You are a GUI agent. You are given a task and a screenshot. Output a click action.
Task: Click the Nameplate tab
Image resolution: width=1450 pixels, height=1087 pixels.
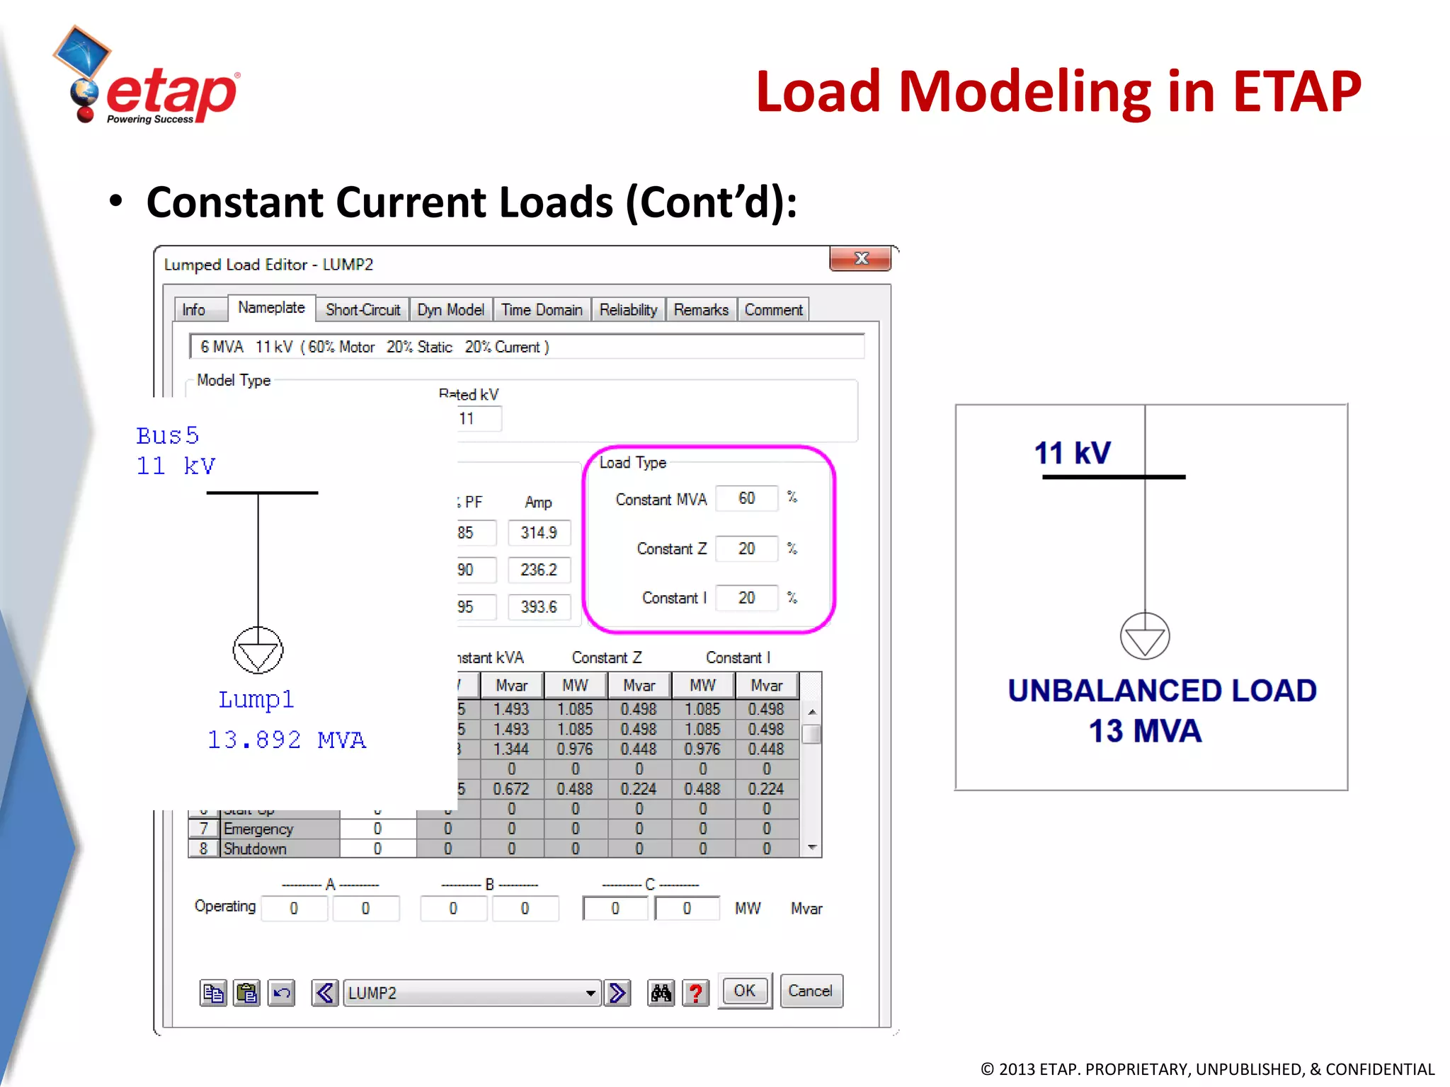pyautogui.click(x=271, y=308)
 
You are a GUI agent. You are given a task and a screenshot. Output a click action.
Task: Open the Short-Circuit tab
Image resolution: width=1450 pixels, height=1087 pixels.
pyautogui.click(x=362, y=310)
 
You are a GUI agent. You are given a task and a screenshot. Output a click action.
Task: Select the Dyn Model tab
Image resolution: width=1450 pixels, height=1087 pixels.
pyautogui.click(x=450, y=310)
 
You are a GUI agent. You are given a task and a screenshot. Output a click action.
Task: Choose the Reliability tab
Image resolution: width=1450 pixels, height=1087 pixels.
pyautogui.click(x=628, y=310)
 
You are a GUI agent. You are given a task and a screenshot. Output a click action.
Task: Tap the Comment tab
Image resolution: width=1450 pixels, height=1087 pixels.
pyautogui.click(x=773, y=310)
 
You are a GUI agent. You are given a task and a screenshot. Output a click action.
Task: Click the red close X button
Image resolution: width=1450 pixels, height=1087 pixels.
pyautogui.click(x=860, y=259)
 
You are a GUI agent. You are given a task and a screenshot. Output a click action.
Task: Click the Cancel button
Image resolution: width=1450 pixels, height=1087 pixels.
pyautogui.click(x=811, y=991)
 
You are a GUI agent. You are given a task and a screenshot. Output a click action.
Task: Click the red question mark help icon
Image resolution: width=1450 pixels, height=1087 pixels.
pyautogui.click(x=696, y=993)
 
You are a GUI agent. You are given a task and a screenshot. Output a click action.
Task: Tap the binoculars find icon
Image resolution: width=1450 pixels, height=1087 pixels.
pyautogui.click(x=661, y=993)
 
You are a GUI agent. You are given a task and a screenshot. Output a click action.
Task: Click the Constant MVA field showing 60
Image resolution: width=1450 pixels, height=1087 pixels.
pyautogui.click(x=746, y=498)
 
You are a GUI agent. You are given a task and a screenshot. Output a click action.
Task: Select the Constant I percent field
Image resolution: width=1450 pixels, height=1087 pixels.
pyautogui.click(x=746, y=598)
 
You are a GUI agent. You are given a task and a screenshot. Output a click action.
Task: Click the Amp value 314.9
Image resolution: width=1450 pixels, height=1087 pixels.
pyautogui.click(x=539, y=533)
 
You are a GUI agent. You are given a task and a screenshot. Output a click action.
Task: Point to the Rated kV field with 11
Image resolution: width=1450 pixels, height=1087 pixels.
pyautogui.click(x=477, y=418)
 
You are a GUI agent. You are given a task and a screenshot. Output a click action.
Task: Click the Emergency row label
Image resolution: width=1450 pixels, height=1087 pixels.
pyautogui.click(x=258, y=829)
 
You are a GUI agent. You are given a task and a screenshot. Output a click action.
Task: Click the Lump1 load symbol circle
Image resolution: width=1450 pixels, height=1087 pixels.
pyautogui.click(x=258, y=650)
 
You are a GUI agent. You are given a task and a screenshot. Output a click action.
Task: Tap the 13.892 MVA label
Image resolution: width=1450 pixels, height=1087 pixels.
pyautogui.click(x=286, y=740)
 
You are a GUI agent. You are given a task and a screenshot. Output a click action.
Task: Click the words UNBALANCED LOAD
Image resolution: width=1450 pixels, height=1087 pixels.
pyautogui.click(x=1162, y=691)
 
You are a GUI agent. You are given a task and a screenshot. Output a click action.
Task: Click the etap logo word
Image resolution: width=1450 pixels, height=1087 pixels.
pyautogui.click(x=173, y=93)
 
